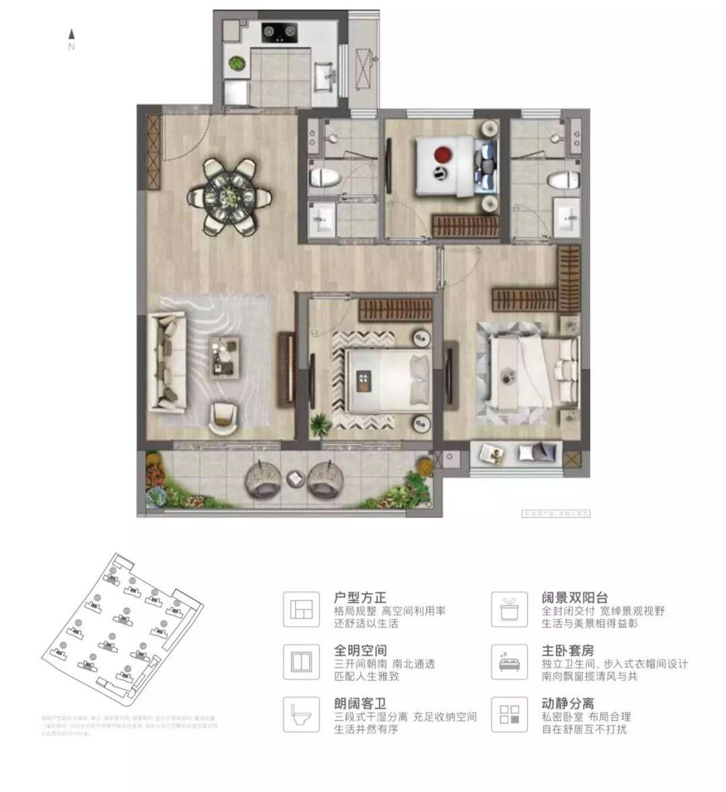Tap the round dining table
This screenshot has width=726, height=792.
[229, 196]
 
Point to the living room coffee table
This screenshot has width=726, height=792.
[223, 355]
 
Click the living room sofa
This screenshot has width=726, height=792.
[167, 362]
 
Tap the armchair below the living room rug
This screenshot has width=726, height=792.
[223, 418]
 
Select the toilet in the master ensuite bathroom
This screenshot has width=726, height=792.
[563, 180]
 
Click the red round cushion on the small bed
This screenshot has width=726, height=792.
[442, 154]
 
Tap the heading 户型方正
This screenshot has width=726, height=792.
[360, 598]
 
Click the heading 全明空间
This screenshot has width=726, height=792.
[360, 651]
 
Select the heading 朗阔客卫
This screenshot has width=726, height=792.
[360, 704]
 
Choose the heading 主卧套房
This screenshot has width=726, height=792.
[568, 651]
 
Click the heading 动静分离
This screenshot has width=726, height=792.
[568, 704]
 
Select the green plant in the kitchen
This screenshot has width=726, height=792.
[236, 64]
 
